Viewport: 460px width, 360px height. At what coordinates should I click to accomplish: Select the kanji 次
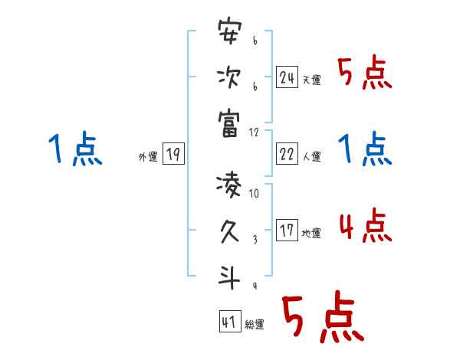pyautogui.click(x=229, y=77)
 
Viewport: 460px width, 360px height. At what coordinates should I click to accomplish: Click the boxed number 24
pyautogui.click(x=287, y=77)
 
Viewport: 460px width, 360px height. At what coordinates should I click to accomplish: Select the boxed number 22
pyautogui.click(x=287, y=154)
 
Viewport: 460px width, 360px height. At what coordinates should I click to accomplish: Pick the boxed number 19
pyautogui.click(x=172, y=154)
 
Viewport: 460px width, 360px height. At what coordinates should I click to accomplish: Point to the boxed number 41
pyautogui.click(x=229, y=321)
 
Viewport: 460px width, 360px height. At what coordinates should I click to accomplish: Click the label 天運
pyautogui.click(x=311, y=80)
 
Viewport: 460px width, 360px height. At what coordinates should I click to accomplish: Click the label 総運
pyautogui.click(x=255, y=324)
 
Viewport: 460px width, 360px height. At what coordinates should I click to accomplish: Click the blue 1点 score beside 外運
pyautogui.click(x=75, y=149)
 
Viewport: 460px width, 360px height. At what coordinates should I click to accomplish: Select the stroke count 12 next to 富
pyautogui.click(x=254, y=132)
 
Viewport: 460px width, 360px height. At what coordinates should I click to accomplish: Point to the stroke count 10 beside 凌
pyautogui.click(x=254, y=193)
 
